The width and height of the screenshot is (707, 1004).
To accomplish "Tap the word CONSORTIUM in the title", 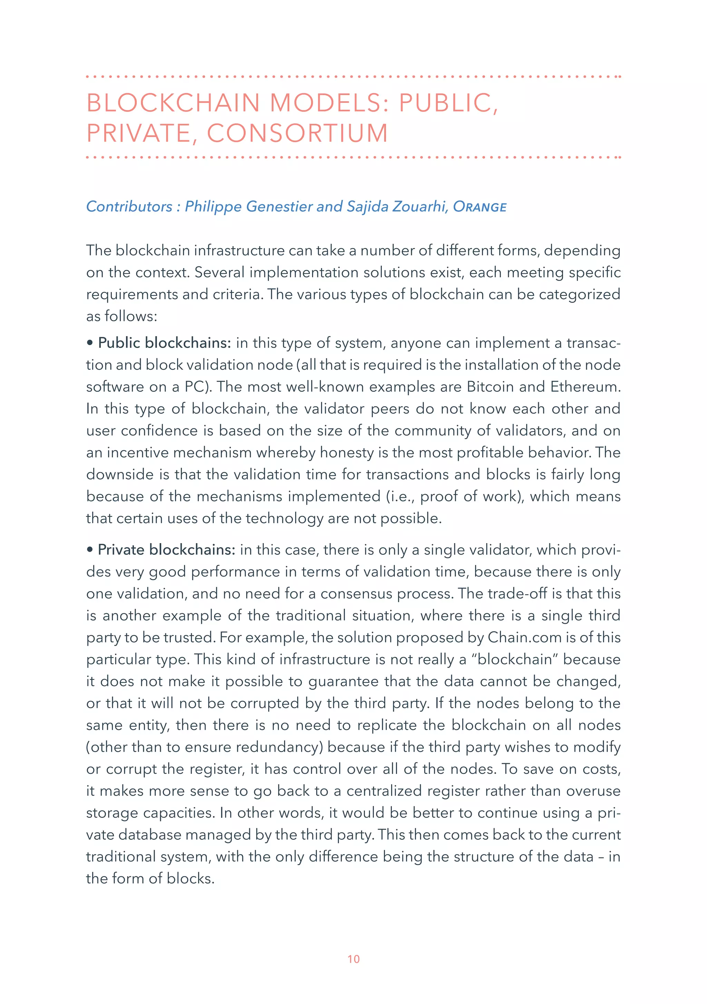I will (x=297, y=133).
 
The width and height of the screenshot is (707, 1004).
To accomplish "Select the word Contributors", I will (x=129, y=206).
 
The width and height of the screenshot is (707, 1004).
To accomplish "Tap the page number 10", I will (x=353, y=959).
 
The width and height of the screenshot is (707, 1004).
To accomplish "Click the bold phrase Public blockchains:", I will (x=164, y=343).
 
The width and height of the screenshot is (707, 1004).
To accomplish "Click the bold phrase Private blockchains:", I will (x=166, y=550).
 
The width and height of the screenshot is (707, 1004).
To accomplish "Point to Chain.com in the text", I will (x=524, y=637).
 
